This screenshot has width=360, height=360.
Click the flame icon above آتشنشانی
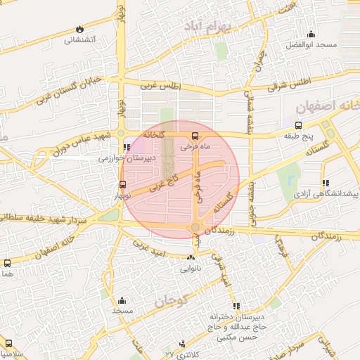pos(78,30)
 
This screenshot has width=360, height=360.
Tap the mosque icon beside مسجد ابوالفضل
pos(310,33)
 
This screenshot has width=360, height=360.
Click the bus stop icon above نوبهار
pos(123,184)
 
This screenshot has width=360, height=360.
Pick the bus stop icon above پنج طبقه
pos(300,126)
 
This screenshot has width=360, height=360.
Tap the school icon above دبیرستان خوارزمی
pos(127,148)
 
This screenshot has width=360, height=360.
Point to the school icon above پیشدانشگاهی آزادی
pos(325,182)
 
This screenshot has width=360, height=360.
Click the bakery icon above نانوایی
pos(191,258)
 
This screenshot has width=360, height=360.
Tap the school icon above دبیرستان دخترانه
pos(236,306)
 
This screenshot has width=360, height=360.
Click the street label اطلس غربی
pos(160,86)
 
